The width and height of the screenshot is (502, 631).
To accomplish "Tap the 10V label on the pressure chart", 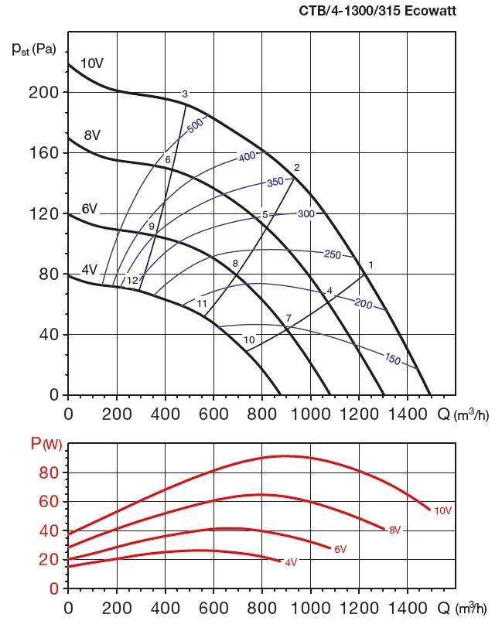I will point(91,63).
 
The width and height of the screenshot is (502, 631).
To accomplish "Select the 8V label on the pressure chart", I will point(92,135).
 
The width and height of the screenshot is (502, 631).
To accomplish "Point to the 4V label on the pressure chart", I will point(89,270).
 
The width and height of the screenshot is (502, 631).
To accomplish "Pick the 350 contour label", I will point(275,182).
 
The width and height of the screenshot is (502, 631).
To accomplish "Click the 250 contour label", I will point(332,254).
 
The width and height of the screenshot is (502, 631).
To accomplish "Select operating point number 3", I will point(185,94).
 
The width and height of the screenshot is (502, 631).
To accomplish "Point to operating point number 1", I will point(371,266).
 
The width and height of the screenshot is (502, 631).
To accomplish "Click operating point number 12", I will point(132,280).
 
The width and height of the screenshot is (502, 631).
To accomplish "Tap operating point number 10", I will point(249,339).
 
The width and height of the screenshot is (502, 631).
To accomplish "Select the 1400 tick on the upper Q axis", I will point(407,414).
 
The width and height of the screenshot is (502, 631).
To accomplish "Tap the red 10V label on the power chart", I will point(442,510).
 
